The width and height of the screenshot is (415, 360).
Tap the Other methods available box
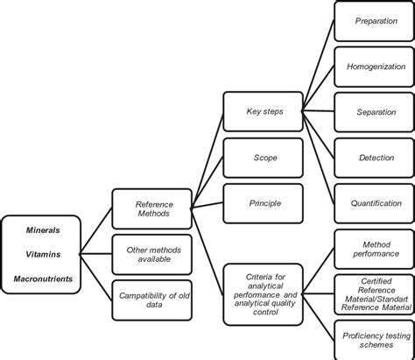tap(153, 255)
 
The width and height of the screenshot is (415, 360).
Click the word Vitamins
tap(42, 256)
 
